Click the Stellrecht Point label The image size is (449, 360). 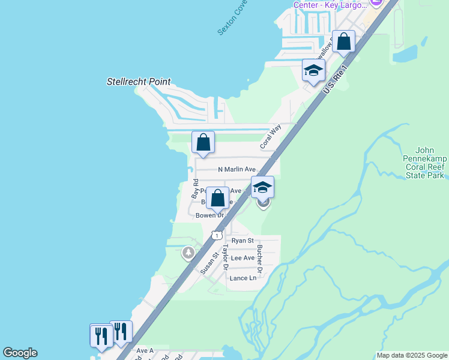(x=139, y=82)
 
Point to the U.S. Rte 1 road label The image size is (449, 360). (x=335, y=80)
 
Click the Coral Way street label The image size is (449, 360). (x=271, y=137)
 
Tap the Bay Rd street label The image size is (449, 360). (x=194, y=188)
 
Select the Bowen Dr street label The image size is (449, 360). (x=209, y=215)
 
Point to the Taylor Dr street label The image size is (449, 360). (x=226, y=257)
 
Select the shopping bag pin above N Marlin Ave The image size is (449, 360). (x=203, y=143)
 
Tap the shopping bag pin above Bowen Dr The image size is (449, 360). (x=217, y=197)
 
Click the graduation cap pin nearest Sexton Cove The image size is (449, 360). (x=313, y=71)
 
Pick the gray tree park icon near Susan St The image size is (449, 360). (x=189, y=254)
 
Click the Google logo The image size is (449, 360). (x=20, y=353)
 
